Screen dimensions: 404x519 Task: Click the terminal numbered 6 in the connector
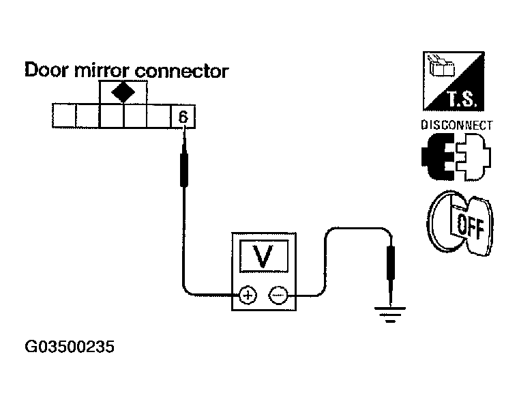[183, 116]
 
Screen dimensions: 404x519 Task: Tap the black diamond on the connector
[123, 92]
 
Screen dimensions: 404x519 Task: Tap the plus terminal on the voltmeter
[247, 295]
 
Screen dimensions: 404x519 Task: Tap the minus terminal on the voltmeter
[278, 295]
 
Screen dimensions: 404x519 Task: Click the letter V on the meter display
[263, 257]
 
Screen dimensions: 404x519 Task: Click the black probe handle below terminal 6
[183, 169]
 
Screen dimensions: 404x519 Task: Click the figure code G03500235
[69, 347]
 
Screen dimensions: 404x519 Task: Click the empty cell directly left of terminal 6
[159, 116]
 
